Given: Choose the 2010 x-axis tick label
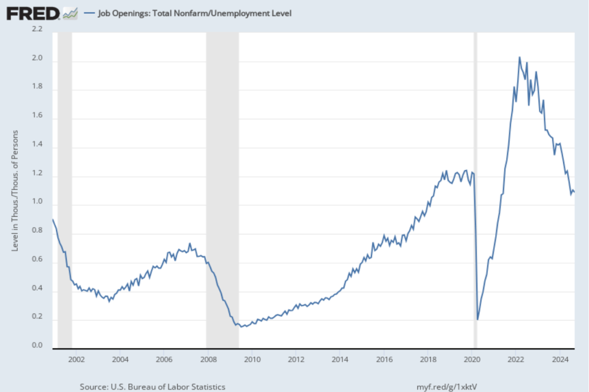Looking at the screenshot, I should pos(251,360).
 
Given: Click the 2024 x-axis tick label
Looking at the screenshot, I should pos(559,360).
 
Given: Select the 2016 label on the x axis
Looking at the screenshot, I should pos(384,360).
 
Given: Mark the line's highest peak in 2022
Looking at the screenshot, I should pos(519,57).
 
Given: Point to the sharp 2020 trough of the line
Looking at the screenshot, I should pos(477,319).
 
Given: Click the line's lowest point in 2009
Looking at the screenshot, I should pos(243,326).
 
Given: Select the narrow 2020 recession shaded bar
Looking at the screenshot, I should pos(475,190).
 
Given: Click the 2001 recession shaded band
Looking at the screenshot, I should pos(64,190).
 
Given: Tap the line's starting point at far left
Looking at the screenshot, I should pos(53,220).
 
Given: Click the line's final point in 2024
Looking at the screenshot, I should pos(575,192).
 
